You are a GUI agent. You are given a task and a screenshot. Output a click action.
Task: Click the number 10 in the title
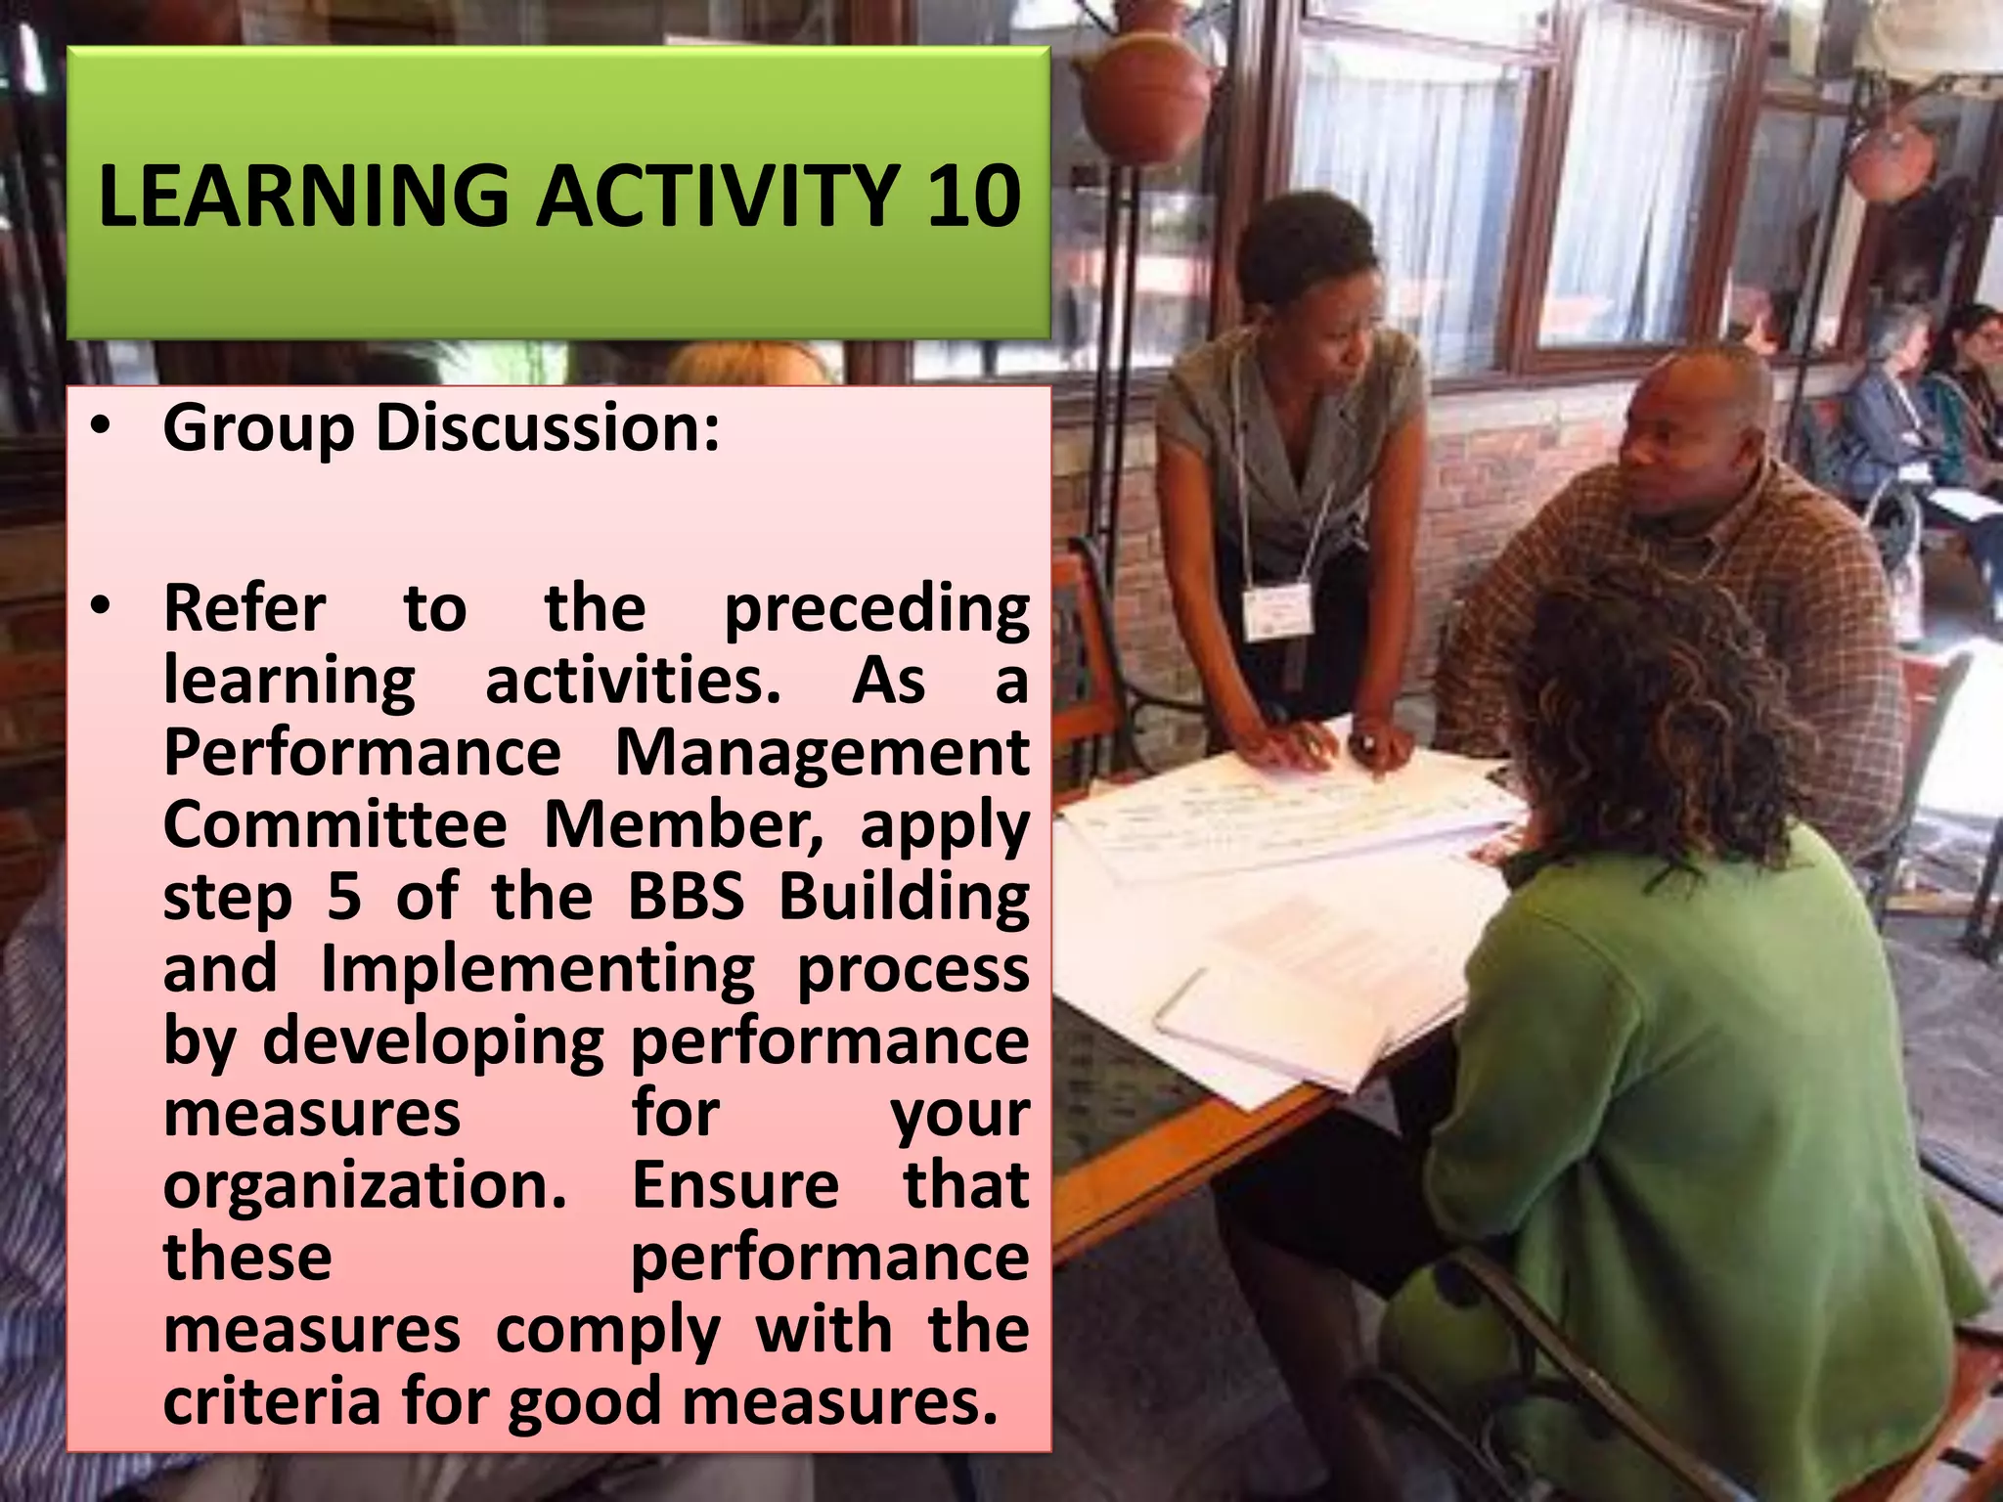click(973, 196)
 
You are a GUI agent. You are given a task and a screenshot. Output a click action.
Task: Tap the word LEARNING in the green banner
click(303, 196)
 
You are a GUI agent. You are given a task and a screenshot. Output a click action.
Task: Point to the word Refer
click(245, 608)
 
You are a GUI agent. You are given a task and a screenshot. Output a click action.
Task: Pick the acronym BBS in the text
click(686, 897)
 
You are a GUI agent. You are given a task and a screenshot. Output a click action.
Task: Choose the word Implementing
click(537, 971)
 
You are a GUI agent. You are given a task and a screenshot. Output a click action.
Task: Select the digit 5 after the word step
click(343, 897)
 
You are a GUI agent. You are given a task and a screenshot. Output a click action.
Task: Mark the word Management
click(822, 753)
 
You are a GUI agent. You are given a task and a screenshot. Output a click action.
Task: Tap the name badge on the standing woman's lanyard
click(1276, 611)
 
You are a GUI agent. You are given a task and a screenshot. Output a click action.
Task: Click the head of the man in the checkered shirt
click(1697, 430)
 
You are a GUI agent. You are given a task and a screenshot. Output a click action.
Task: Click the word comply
click(607, 1330)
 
